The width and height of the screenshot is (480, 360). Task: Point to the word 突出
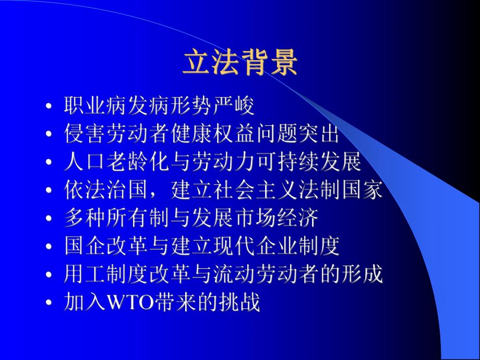click(x=318, y=135)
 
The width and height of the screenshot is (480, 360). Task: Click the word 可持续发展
click(x=308, y=163)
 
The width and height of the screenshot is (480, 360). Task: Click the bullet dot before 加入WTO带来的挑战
click(x=49, y=304)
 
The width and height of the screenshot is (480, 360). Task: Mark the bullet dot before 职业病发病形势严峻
click(x=49, y=107)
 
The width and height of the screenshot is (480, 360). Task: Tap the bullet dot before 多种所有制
click(x=49, y=220)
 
